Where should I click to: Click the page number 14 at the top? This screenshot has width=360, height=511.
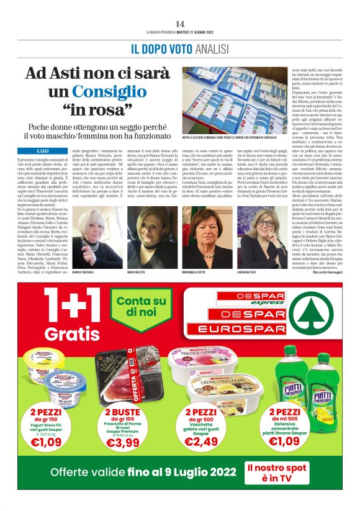[x=179, y=23]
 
